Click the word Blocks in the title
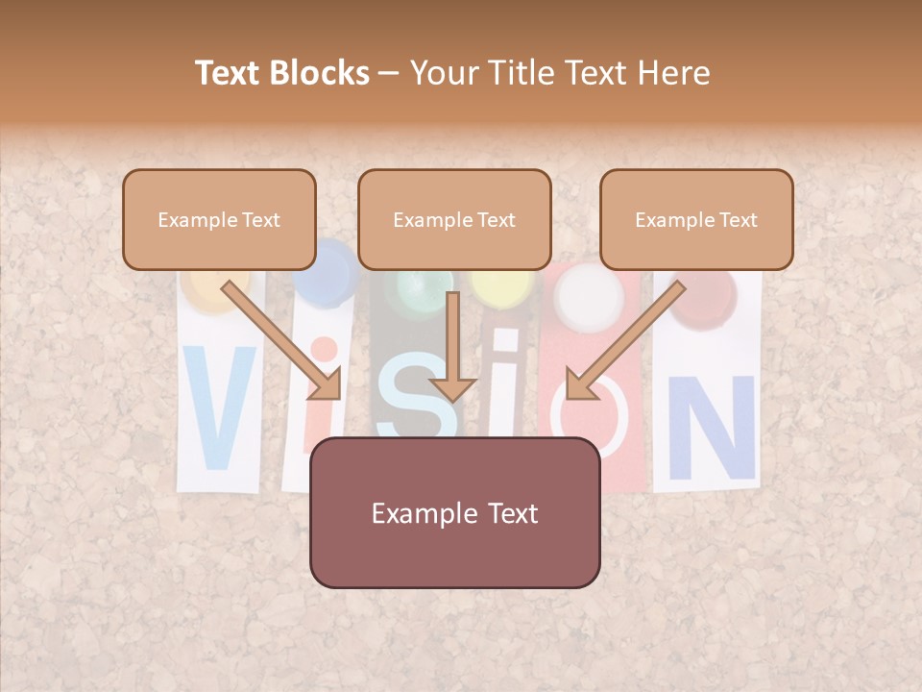coord(321,73)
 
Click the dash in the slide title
coord(389,74)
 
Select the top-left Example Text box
coord(219,219)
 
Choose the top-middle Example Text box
coord(454,219)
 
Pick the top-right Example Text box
coord(696,219)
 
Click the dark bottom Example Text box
coord(454,512)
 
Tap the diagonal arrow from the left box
coord(283,339)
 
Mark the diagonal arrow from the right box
coord(624,339)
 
